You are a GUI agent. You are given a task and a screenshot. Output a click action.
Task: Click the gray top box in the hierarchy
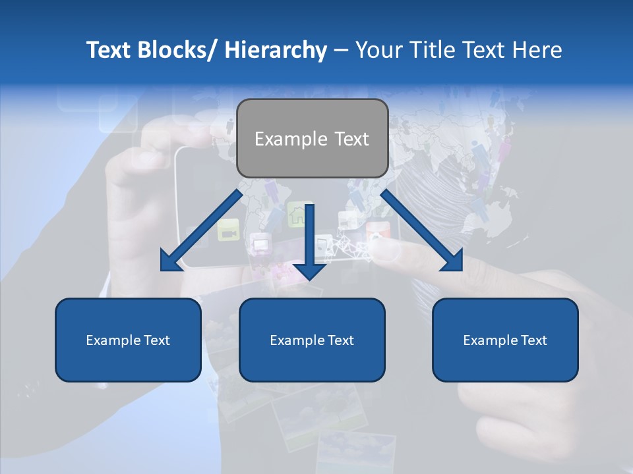(x=312, y=138)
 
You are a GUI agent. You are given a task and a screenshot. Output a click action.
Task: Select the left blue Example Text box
(x=128, y=340)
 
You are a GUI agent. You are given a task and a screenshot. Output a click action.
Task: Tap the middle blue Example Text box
(x=312, y=340)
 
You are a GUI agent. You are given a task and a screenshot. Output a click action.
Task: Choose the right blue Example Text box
(x=505, y=340)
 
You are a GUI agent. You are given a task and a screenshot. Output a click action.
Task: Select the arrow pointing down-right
(x=422, y=231)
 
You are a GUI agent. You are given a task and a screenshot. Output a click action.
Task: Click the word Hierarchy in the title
(x=276, y=50)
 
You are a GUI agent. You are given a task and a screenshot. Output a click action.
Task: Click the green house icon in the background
(x=297, y=213)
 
